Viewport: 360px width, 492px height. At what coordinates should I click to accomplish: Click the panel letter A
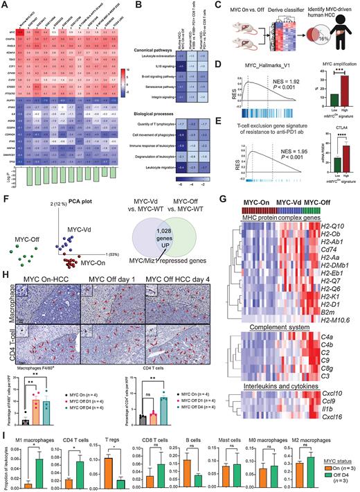click(4, 5)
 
